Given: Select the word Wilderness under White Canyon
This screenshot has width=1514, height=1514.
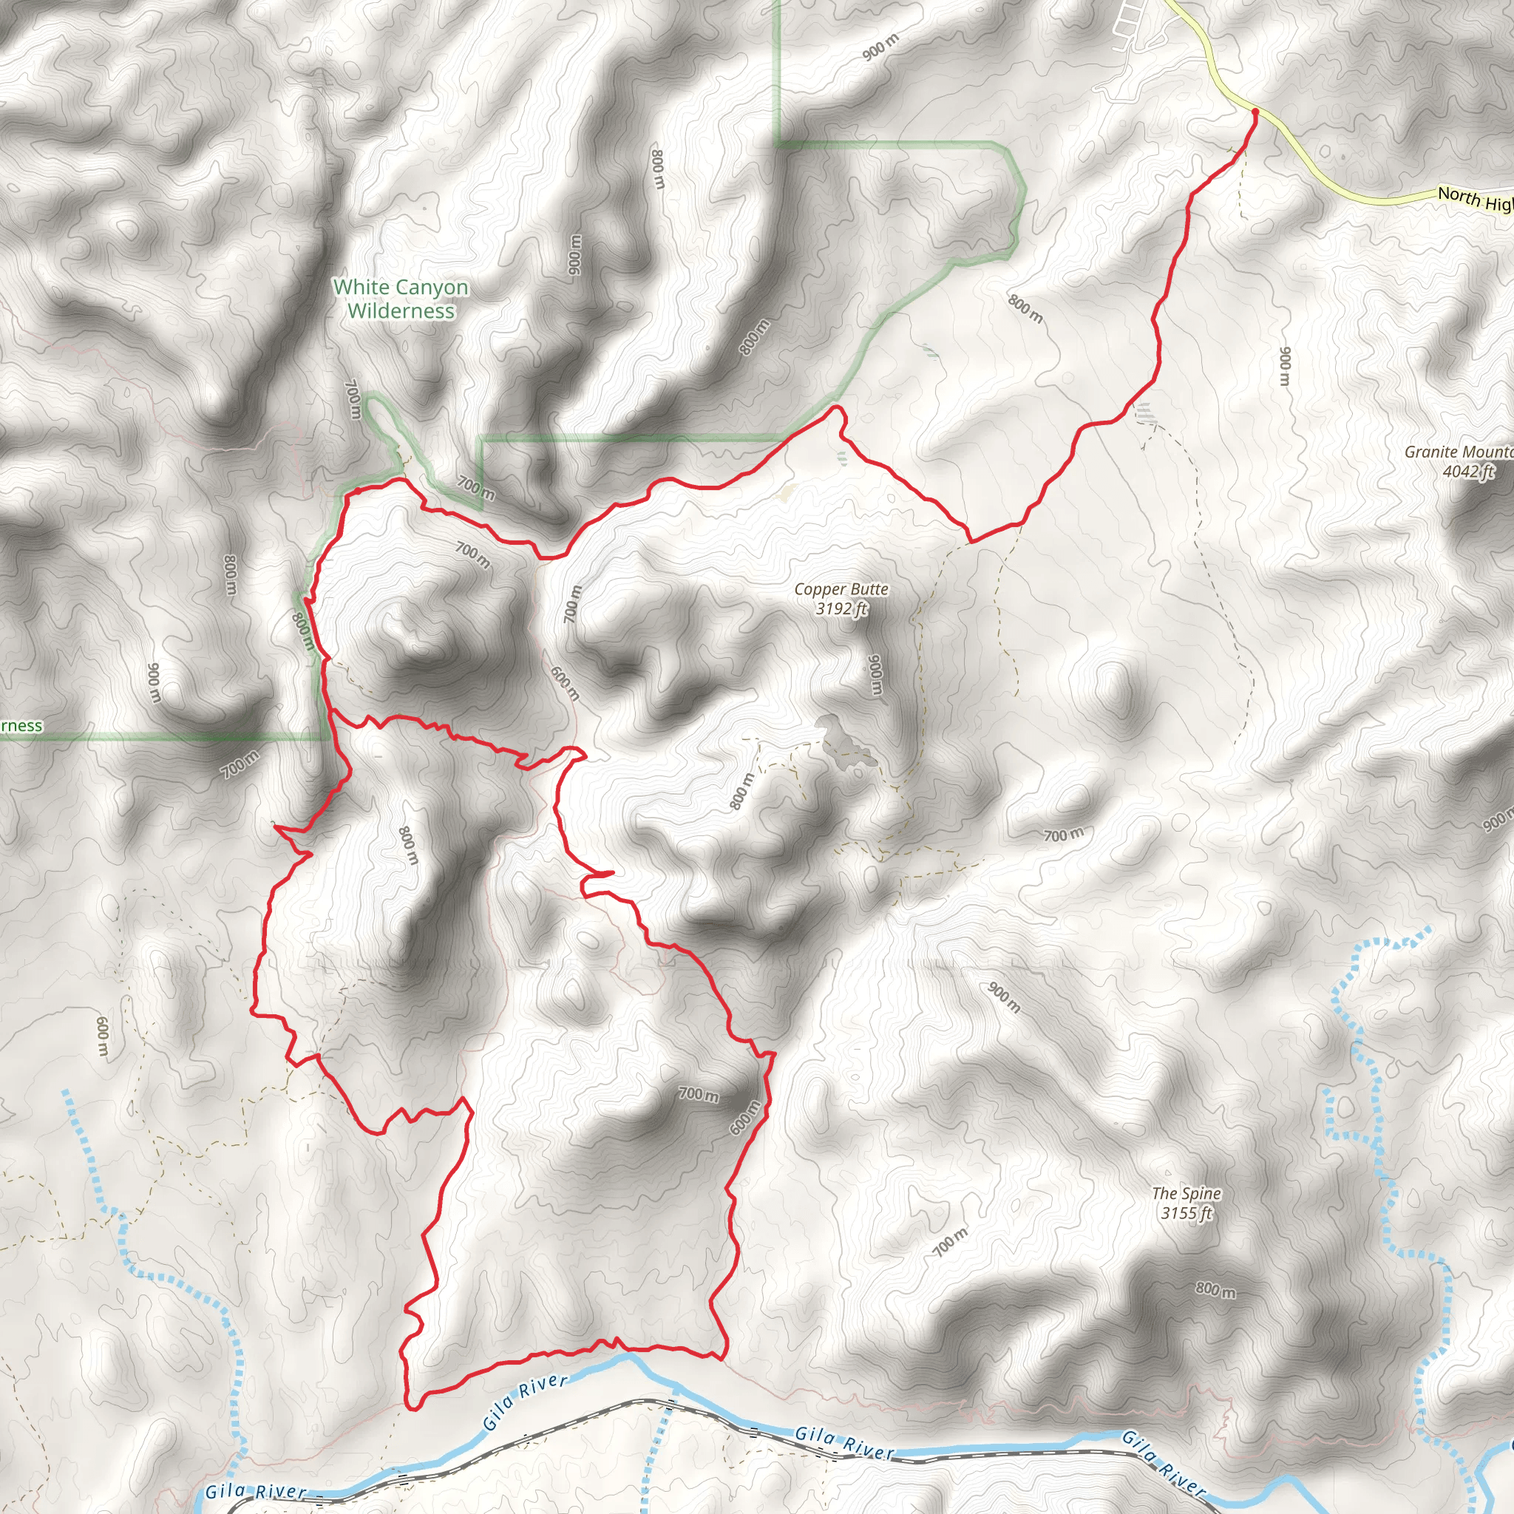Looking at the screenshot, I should tap(401, 311).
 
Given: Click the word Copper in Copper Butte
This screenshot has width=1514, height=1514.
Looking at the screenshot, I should tap(820, 589).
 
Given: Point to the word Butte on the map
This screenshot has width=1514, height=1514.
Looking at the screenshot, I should tap(869, 589).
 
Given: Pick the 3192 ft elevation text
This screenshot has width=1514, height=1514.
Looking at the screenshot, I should tap(841, 609).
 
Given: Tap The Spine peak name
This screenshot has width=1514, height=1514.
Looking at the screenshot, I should tap(1187, 1193).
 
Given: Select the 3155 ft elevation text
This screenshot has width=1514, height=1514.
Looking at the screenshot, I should tap(1187, 1213).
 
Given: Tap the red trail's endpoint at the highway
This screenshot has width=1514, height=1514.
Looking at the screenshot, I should tap(1255, 112).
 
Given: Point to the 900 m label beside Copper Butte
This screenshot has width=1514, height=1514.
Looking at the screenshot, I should tap(875, 675).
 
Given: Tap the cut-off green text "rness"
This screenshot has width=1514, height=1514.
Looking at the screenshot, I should tap(21, 726).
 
